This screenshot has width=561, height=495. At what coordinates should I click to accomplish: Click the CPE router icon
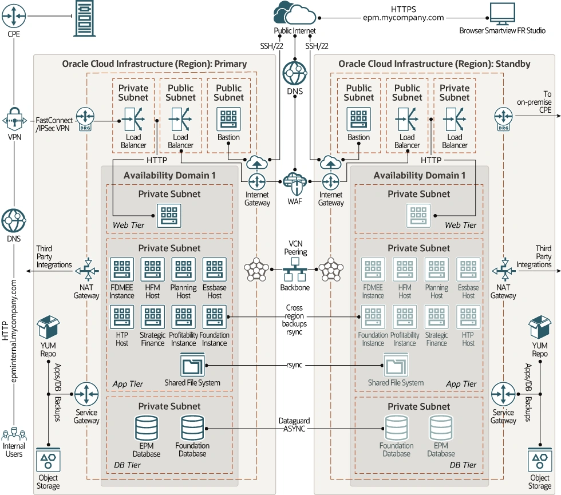coord(13,17)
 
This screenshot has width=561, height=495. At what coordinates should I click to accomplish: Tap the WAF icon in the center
coord(295,183)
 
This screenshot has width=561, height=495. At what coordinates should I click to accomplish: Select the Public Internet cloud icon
coord(295,14)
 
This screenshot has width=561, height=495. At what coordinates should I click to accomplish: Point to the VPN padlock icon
coord(13,121)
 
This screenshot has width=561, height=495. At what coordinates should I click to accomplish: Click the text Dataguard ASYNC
coord(294,425)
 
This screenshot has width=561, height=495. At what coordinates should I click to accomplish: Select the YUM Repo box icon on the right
coord(539,328)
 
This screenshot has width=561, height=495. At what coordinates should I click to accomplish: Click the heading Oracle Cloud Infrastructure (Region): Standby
coord(434,64)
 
